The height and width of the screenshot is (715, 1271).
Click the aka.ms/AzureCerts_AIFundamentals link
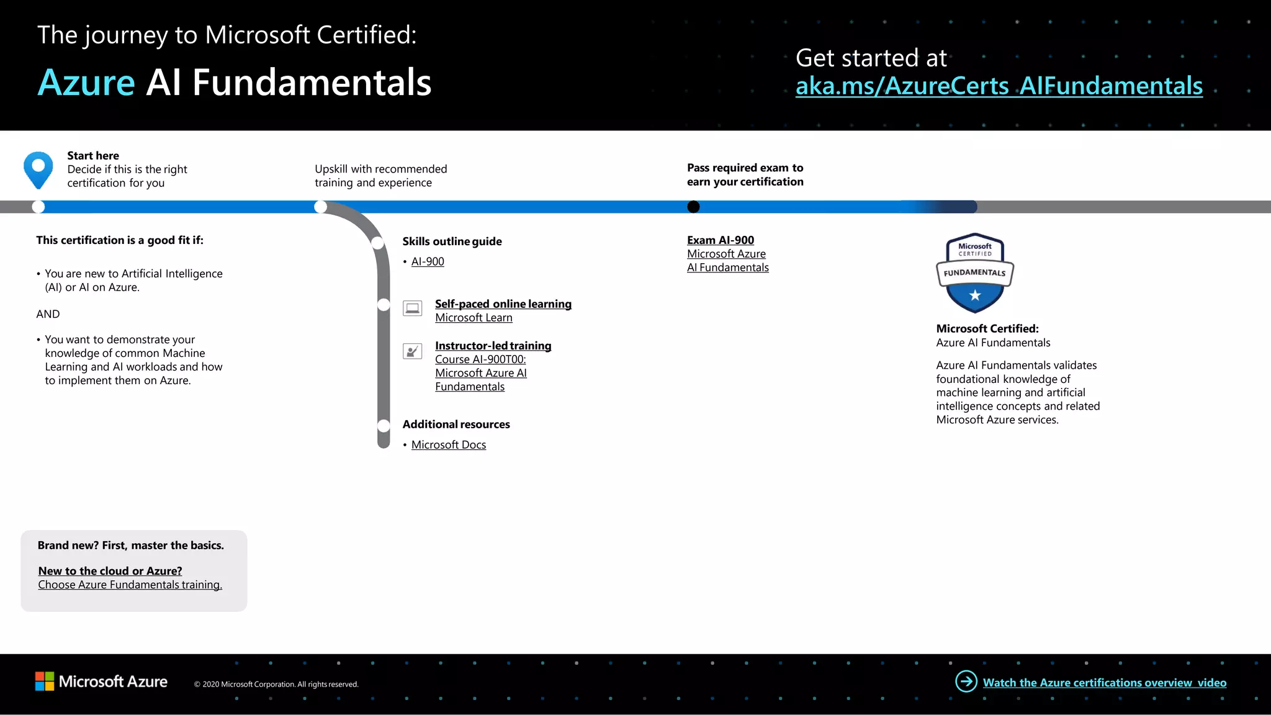tap(999, 86)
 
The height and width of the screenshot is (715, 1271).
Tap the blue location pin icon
tap(38, 168)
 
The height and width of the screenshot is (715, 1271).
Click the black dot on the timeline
tap(693, 207)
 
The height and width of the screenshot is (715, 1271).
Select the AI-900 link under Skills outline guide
tap(428, 262)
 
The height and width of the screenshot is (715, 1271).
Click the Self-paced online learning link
tap(503, 304)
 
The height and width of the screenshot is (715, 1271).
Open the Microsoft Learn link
tap(474, 318)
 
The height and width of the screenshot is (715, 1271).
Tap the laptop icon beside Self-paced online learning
tap(412, 308)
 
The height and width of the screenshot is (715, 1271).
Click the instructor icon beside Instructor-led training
tap(412, 351)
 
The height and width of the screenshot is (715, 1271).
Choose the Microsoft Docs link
tap(448, 445)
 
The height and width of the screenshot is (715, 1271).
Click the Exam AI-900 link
tap(720, 240)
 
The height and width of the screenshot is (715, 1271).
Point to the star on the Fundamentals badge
tap(975, 295)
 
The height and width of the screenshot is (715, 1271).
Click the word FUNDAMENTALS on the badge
tap(974, 272)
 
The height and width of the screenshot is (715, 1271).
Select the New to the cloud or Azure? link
tap(110, 571)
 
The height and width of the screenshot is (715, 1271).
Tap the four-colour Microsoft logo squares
tap(45, 681)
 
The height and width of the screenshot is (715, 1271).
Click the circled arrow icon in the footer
tap(966, 681)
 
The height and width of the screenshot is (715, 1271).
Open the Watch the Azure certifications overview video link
tap(1104, 683)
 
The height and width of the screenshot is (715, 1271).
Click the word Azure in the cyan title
tap(86, 83)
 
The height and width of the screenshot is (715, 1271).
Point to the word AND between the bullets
tap(48, 314)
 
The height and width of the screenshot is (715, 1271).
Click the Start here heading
tap(93, 156)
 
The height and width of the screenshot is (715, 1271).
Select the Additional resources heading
tap(456, 425)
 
